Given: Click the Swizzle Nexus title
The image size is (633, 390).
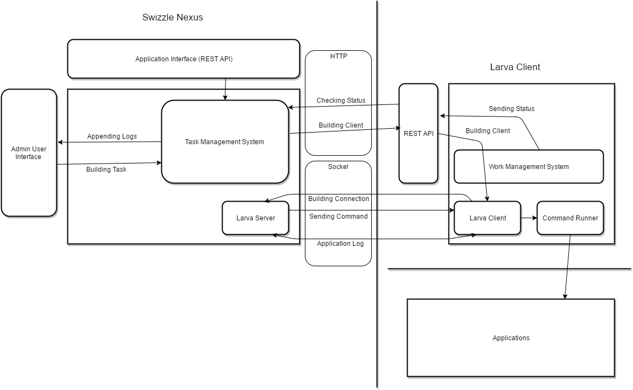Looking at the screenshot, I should tap(172, 17).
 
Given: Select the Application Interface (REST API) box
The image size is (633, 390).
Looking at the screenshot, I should tap(183, 59).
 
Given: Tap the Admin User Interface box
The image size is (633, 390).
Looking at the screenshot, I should tap(29, 153).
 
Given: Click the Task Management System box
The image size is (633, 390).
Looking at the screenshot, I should tap(224, 142).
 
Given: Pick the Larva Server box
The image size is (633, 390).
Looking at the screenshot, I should tap(255, 218).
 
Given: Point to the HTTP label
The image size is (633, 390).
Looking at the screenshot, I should tap(339, 56).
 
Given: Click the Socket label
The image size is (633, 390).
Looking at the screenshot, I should tap(339, 166).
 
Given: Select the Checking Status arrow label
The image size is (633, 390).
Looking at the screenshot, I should tap(341, 101).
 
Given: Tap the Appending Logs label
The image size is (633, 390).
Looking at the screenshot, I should tap(112, 136).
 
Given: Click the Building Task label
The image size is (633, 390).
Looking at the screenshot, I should tap(106, 170).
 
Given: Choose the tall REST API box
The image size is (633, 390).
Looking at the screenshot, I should tap(418, 133).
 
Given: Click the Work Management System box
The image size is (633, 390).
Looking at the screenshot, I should tap(528, 166).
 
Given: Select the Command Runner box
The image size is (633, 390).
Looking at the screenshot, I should tap(570, 218).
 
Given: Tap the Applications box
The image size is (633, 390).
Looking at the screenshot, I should tap(510, 338).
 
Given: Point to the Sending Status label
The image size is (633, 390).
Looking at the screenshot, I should tap(511, 109).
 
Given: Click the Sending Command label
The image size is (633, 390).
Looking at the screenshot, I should tap(338, 217).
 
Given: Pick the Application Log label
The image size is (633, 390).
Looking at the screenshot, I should tap(340, 244).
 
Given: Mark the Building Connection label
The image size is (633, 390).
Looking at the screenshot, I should tap(339, 199).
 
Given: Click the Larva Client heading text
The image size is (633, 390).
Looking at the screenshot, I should tap(515, 67).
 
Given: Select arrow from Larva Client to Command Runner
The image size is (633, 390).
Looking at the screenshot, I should tap(529, 218).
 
